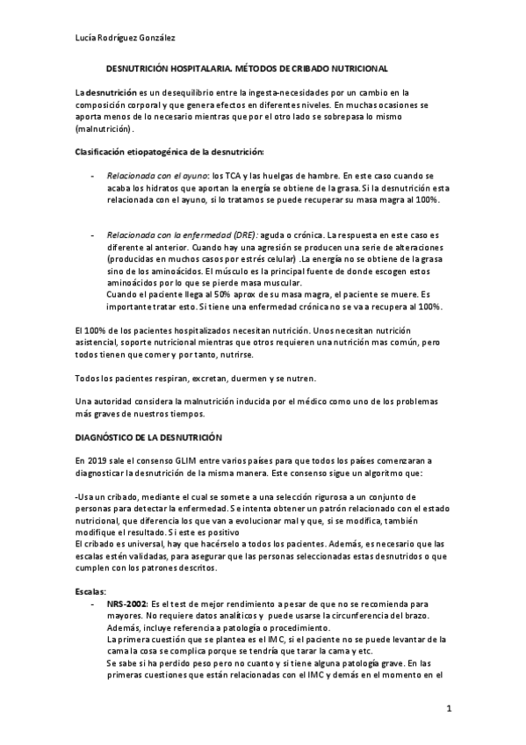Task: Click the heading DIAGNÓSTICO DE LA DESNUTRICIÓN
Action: click(x=148, y=437)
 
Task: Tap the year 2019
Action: click(x=97, y=460)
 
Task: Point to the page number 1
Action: click(x=448, y=710)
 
